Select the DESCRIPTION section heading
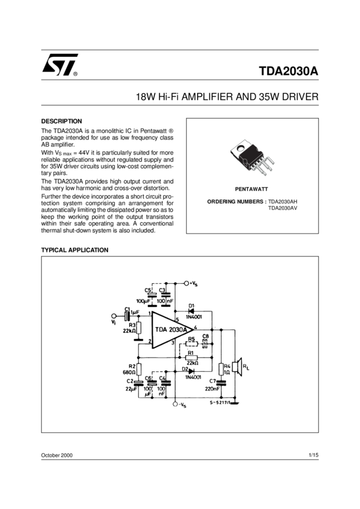61,121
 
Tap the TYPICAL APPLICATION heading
74,250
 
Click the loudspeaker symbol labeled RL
238,369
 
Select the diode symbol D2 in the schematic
191,372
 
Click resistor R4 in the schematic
220,370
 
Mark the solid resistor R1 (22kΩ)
192,357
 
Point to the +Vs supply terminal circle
186,283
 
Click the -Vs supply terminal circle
176,405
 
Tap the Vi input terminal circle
114,316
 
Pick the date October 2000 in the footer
57,456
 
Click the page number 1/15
313,456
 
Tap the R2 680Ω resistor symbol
139,368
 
